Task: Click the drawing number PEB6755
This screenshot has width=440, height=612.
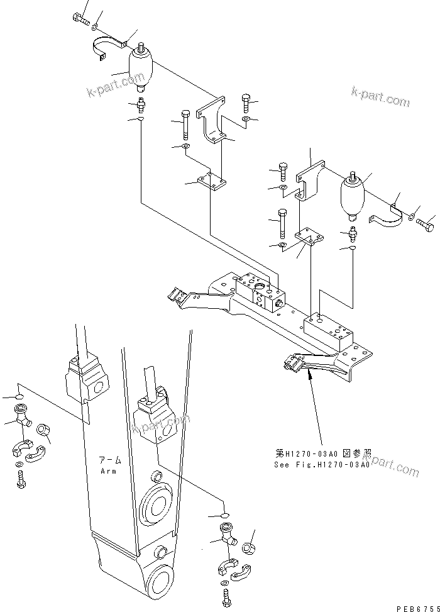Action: click(416, 607)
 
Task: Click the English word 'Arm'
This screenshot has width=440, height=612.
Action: click(109, 470)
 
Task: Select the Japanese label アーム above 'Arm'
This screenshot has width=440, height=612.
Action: click(109, 460)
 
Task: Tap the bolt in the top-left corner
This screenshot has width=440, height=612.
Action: click(81, 19)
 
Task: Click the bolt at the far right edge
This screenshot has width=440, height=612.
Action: click(427, 222)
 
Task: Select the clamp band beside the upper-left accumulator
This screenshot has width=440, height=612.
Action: click(107, 49)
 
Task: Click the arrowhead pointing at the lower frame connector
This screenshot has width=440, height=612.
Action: click(310, 376)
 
